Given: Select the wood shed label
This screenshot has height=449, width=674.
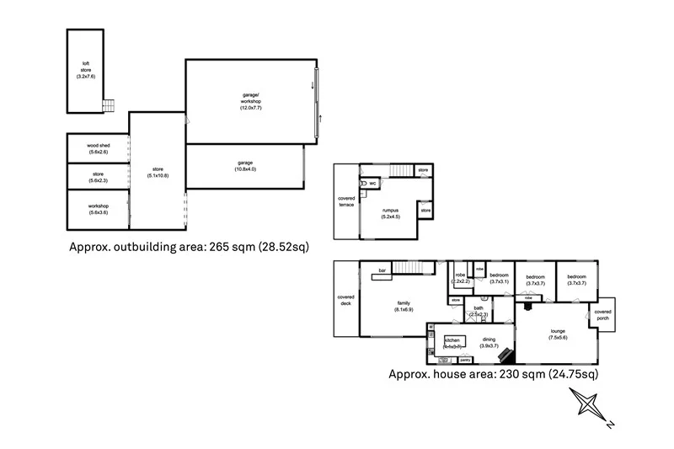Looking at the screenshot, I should tap(98, 148).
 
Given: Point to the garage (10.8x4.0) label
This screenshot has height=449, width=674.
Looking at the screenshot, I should tap(245, 166).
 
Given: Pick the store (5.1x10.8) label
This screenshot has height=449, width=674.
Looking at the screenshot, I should tap(157, 172).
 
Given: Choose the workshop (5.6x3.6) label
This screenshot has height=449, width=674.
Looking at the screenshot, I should tap(98, 209).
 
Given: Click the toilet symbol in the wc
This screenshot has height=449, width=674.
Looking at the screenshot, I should tap(363, 183).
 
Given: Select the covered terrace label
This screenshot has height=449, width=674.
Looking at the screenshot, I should tap(345, 200).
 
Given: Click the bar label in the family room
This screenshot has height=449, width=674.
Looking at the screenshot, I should tap(382, 270).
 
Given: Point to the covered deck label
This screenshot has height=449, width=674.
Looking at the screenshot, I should tap(345, 301).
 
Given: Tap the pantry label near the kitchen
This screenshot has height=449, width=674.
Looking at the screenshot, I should tap(465, 360).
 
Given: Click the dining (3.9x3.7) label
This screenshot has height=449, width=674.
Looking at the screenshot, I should tap(489, 342).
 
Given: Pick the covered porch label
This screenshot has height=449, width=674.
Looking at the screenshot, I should tap(603, 315).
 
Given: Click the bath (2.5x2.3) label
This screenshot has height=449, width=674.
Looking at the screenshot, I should tap(478, 312).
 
